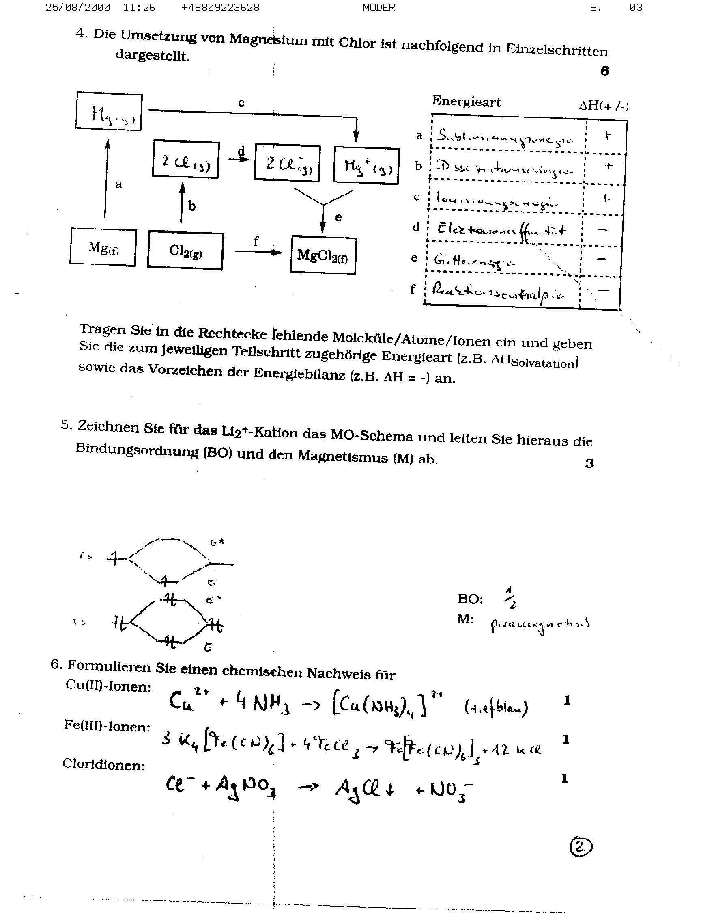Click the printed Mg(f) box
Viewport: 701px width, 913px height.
tap(103, 247)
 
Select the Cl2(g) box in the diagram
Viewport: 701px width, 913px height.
tap(185, 251)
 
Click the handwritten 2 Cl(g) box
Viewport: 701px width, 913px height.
tap(186, 160)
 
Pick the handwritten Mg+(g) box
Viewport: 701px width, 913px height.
tap(366, 165)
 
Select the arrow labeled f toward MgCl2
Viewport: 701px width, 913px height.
tap(258, 252)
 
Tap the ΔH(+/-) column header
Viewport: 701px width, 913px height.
tap(603, 106)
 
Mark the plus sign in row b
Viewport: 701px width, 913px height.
tap(609, 166)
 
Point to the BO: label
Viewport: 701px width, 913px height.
tap(470, 599)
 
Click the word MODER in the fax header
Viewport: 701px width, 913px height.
tap(379, 8)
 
